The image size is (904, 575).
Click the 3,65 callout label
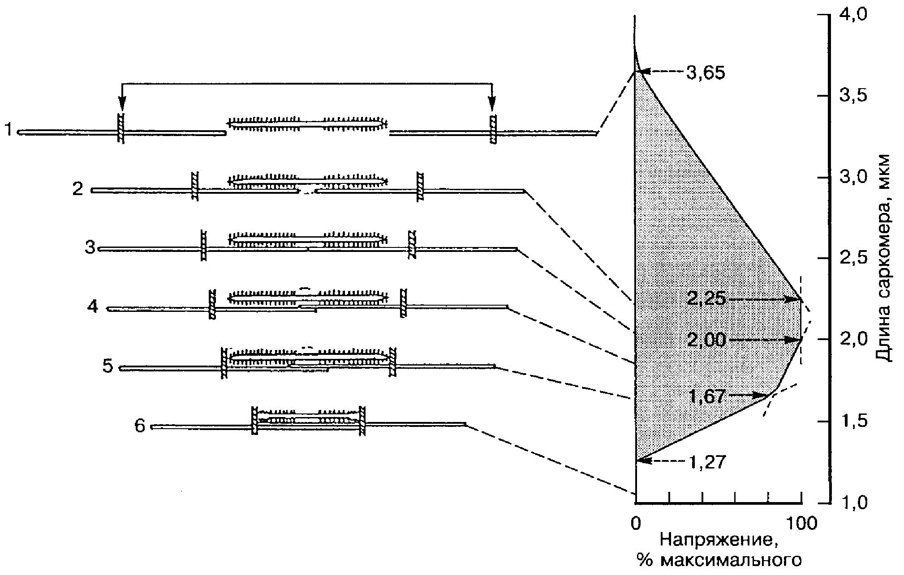(705, 72)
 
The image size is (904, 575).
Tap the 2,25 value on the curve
(706, 298)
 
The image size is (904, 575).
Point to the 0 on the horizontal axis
(636, 523)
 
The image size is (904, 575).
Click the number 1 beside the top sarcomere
(8, 131)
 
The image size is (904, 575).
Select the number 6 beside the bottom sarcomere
(140, 426)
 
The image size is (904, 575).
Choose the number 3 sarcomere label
(90, 247)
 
